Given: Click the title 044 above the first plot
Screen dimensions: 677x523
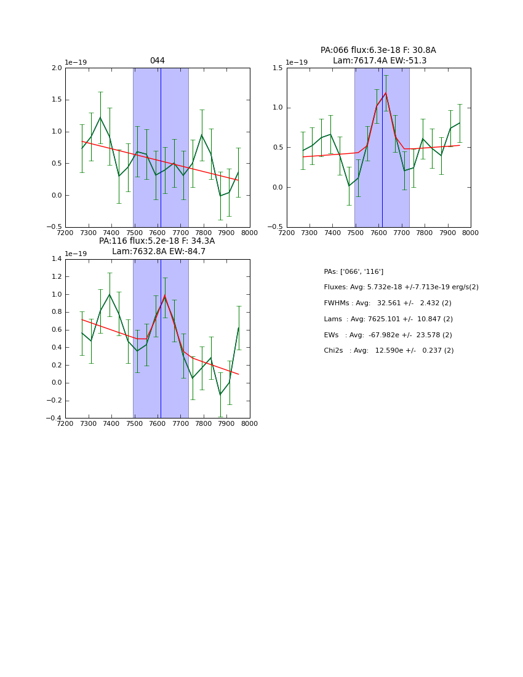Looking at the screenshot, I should tap(157, 61).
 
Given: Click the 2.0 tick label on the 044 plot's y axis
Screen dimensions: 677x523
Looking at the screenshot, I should tap(56, 68).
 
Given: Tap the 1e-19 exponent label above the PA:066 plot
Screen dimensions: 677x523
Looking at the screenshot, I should tap(297, 62).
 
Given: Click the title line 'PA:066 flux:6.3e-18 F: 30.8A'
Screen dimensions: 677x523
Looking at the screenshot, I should tap(378, 50).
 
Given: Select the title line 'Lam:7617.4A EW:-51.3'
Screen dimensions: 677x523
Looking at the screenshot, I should tap(379, 61).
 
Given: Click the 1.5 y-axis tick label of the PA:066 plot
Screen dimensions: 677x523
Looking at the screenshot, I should tap(277, 68).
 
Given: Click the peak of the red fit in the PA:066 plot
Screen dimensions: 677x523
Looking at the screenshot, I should tap(386, 93).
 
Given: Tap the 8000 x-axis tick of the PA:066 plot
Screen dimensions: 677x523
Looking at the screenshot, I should tap(470, 233).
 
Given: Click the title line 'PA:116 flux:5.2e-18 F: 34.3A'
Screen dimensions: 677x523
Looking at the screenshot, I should tap(157, 241).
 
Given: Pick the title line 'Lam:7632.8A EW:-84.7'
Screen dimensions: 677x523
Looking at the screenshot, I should tap(158, 252).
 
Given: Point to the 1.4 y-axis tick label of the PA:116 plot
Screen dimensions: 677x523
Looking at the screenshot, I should tap(56, 259).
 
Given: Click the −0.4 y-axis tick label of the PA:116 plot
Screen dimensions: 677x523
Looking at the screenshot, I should tap(54, 418).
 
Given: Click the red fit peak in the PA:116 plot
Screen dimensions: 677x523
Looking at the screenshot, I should tap(164, 296).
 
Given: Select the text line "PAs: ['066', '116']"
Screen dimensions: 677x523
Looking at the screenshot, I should tap(353, 271).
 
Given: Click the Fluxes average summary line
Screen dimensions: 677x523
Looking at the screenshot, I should tap(401, 287).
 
